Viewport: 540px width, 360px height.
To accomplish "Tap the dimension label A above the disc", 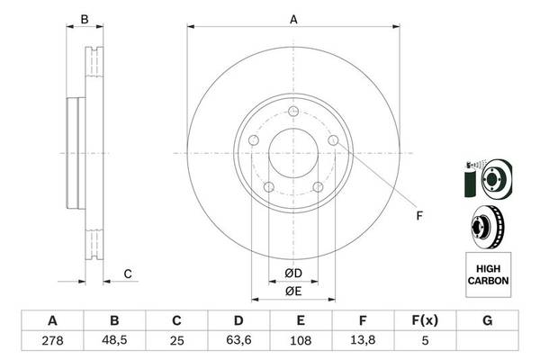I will click(293, 18).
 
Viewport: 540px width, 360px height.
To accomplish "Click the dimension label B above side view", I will click(84, 18).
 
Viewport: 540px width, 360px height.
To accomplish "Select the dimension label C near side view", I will click(128, 274).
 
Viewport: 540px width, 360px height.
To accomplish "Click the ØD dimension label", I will click(293, 273).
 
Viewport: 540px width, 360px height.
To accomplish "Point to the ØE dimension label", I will click(293, 291).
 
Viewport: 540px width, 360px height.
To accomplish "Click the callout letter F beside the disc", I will click(418, 215).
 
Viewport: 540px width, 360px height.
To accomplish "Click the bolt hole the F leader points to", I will click(334, 140).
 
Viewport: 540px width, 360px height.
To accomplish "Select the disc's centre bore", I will click(292, 154).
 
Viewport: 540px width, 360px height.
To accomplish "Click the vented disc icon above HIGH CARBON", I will click(487, 224).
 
